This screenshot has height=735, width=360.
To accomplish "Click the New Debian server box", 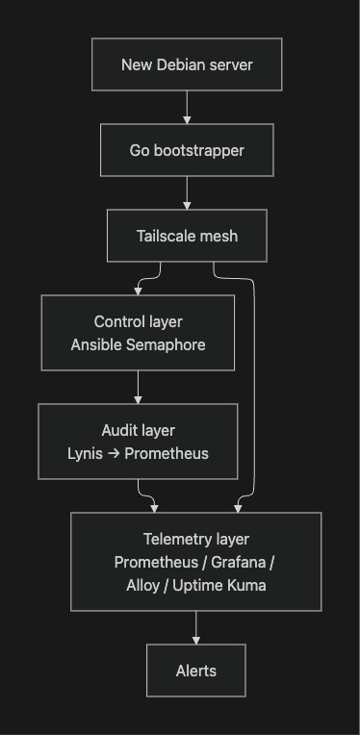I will (x=187, y=64).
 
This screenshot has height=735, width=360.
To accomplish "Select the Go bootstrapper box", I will (x=187, y=150).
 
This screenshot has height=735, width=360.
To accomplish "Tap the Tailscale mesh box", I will (x=187, y=236).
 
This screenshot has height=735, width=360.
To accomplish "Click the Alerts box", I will (x=196, y=671).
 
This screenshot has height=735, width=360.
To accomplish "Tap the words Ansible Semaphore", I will (x=138, y=344).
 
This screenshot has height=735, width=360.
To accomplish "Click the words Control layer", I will (x=138, y=321).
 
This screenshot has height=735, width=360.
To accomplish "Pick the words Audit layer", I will (x=138, y=430).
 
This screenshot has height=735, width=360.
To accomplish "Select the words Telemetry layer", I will (x=196, y=539).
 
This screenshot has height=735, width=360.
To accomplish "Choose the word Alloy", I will (x=145, y=585).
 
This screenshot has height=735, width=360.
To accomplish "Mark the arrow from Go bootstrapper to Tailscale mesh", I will (x=187, y=193).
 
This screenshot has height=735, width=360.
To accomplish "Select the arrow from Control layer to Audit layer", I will (x=138, y=387).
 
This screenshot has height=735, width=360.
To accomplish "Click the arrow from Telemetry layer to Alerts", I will (x=196, y=627).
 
